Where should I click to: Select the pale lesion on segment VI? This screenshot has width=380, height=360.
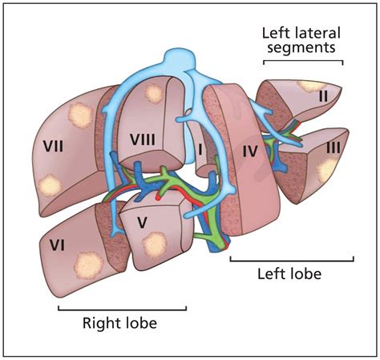click(85, 261)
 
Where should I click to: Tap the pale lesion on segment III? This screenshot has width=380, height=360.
click(327, 169)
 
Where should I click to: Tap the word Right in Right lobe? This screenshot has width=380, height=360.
click(101, 324)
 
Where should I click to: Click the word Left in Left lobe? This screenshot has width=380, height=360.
click(273, 274)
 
